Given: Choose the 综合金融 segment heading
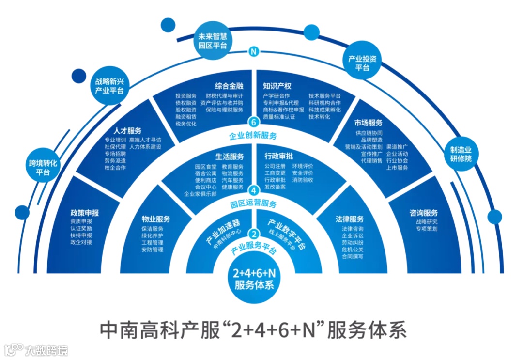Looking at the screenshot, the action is coord(229,86).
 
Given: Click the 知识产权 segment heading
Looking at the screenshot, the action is coord(277,86).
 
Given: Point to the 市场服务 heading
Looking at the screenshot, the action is coord(368,123).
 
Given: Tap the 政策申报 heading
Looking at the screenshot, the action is coord(84,212).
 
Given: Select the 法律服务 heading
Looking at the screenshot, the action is coord(349,219).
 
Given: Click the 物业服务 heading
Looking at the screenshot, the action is coord(155,219).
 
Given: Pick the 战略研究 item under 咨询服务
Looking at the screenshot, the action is coord(426,221).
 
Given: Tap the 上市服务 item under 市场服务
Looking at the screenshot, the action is coord(397,167).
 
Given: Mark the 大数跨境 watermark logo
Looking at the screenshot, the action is coord(36,350).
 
